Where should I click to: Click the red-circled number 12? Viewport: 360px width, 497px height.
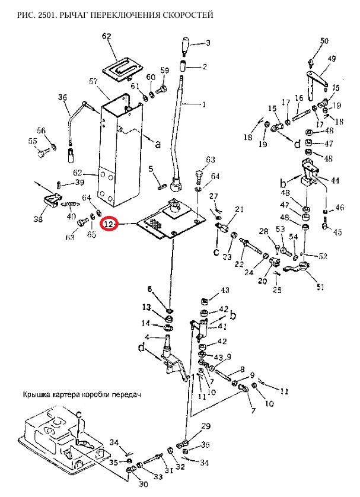[x=109, y=224]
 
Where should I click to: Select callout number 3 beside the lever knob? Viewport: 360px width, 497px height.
[x=208, y=43]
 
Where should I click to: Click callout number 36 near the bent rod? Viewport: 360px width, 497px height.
[x=63, y=98]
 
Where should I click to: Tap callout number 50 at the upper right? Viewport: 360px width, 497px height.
[x=324, y=41]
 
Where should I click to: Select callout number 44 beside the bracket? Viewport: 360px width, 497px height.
[x=335, y=180]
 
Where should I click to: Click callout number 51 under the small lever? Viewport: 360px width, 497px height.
[x=320, y=288]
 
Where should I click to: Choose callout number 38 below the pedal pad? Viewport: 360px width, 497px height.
[x=38, y=220]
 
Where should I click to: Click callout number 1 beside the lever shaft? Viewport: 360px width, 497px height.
[x=205, y=105]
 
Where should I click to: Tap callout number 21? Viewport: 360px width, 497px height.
[x=239, y=209]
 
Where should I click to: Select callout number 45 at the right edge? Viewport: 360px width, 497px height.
[x=338, y=231]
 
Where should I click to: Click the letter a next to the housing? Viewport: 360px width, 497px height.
[x=157, y=144]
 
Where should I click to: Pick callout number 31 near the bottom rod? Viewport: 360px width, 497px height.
[x=168, y=471]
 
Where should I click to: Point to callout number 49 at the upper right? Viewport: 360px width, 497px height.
[x=332, y=59]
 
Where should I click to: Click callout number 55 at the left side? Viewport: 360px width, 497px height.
[x=33, y=141]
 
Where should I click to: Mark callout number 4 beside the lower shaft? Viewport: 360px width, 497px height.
[x=147, y=338]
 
